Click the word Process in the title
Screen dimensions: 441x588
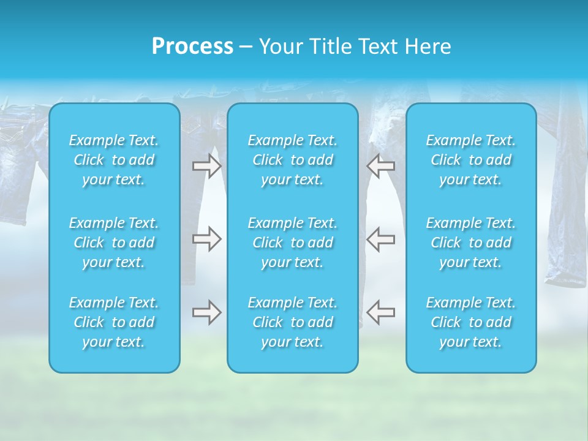(192, 47)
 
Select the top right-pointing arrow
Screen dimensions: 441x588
(207, 166)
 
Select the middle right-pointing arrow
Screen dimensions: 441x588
(207, 239)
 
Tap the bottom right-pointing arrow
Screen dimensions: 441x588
(207, 312)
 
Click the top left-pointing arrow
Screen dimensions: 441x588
(381, 166)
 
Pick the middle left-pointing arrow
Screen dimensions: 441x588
(381, 239)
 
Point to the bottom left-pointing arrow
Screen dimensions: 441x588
(381, 312)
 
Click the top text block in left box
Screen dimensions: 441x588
(114, 160)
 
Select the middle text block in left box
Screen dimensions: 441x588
(114, 243)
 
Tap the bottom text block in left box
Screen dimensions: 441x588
(114, 322)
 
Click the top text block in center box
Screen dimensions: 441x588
(293, 160)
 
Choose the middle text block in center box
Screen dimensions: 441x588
(293, 243)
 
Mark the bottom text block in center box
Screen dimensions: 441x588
(293, 322)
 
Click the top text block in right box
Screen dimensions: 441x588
(471, 160)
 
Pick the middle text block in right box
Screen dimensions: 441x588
(471, 243)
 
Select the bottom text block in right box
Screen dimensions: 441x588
(471, 322)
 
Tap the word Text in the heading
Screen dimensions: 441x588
(377, 47)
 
